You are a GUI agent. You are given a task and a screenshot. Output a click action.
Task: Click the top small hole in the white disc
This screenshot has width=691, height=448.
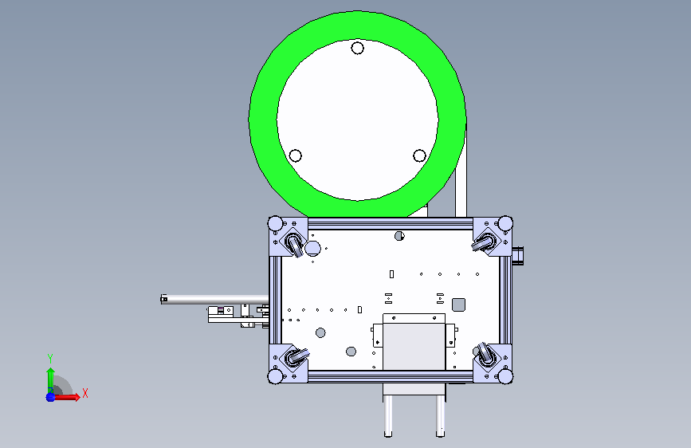pos(357,48)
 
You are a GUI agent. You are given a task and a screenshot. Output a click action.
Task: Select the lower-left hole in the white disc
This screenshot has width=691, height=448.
pos(295,155)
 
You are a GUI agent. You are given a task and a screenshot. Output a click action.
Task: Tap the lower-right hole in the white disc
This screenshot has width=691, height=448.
pos(419,155)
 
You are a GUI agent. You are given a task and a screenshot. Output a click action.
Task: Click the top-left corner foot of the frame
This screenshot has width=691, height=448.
pos(276,223)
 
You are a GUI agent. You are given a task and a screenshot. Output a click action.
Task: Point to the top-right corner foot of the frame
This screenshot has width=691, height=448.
pos(505,223)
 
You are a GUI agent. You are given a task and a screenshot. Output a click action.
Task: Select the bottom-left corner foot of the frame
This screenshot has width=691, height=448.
pos(276,376)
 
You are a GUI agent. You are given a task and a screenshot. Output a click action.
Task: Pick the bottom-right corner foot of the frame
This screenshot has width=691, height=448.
pos(505,376)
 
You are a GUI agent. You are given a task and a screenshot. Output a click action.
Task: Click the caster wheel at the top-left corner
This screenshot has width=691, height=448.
pos(294,244)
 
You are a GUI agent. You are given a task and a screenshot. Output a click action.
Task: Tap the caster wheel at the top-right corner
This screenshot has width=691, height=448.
pos(485,243)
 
